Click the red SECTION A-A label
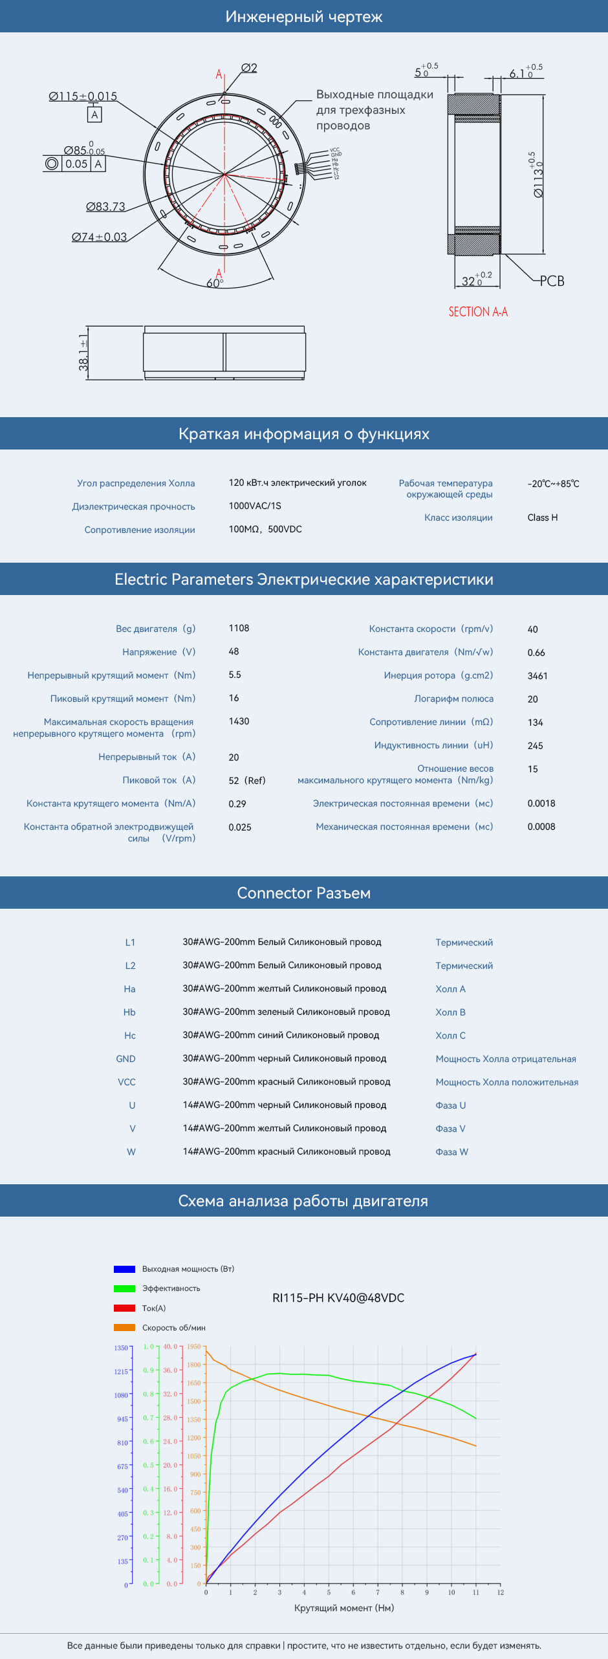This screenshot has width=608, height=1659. click(x=478, y=312)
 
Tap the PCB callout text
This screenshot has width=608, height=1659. click(x=552, y=281)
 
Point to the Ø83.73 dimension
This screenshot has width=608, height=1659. click(x=105, y=206)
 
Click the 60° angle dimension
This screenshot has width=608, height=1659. click(x=215, y=283)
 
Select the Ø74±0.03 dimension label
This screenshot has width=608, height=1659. click(x=99, y=237)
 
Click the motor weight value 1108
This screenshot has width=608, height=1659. click(x=239, y=628)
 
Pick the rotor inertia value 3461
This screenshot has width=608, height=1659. click(x=537, y=676)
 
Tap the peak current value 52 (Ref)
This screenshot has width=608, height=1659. click(x=246, y=781)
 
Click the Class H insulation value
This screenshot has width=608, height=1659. click(x=542, y=517)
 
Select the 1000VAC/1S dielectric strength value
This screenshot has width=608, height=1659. click(x=255, y=506)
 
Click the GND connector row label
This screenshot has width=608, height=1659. click(x=125, y=1059)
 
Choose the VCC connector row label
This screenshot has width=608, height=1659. click(x=127, y=1082)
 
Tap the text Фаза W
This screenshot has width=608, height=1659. click(x=451, y=1152)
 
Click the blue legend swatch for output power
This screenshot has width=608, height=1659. click(x=124, y=1269)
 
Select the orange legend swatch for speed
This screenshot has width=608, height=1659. click(x=124, y=1327)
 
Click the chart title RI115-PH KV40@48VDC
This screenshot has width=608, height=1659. click(x=338, y=1298)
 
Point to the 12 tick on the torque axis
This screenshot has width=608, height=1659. click(x=500, y=1592)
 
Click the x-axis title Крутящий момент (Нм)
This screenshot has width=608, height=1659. click(x=343, y=1608)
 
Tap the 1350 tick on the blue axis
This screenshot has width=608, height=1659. click(x=121, y=1348)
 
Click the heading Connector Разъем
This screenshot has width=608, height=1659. click(x=304, y=893)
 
